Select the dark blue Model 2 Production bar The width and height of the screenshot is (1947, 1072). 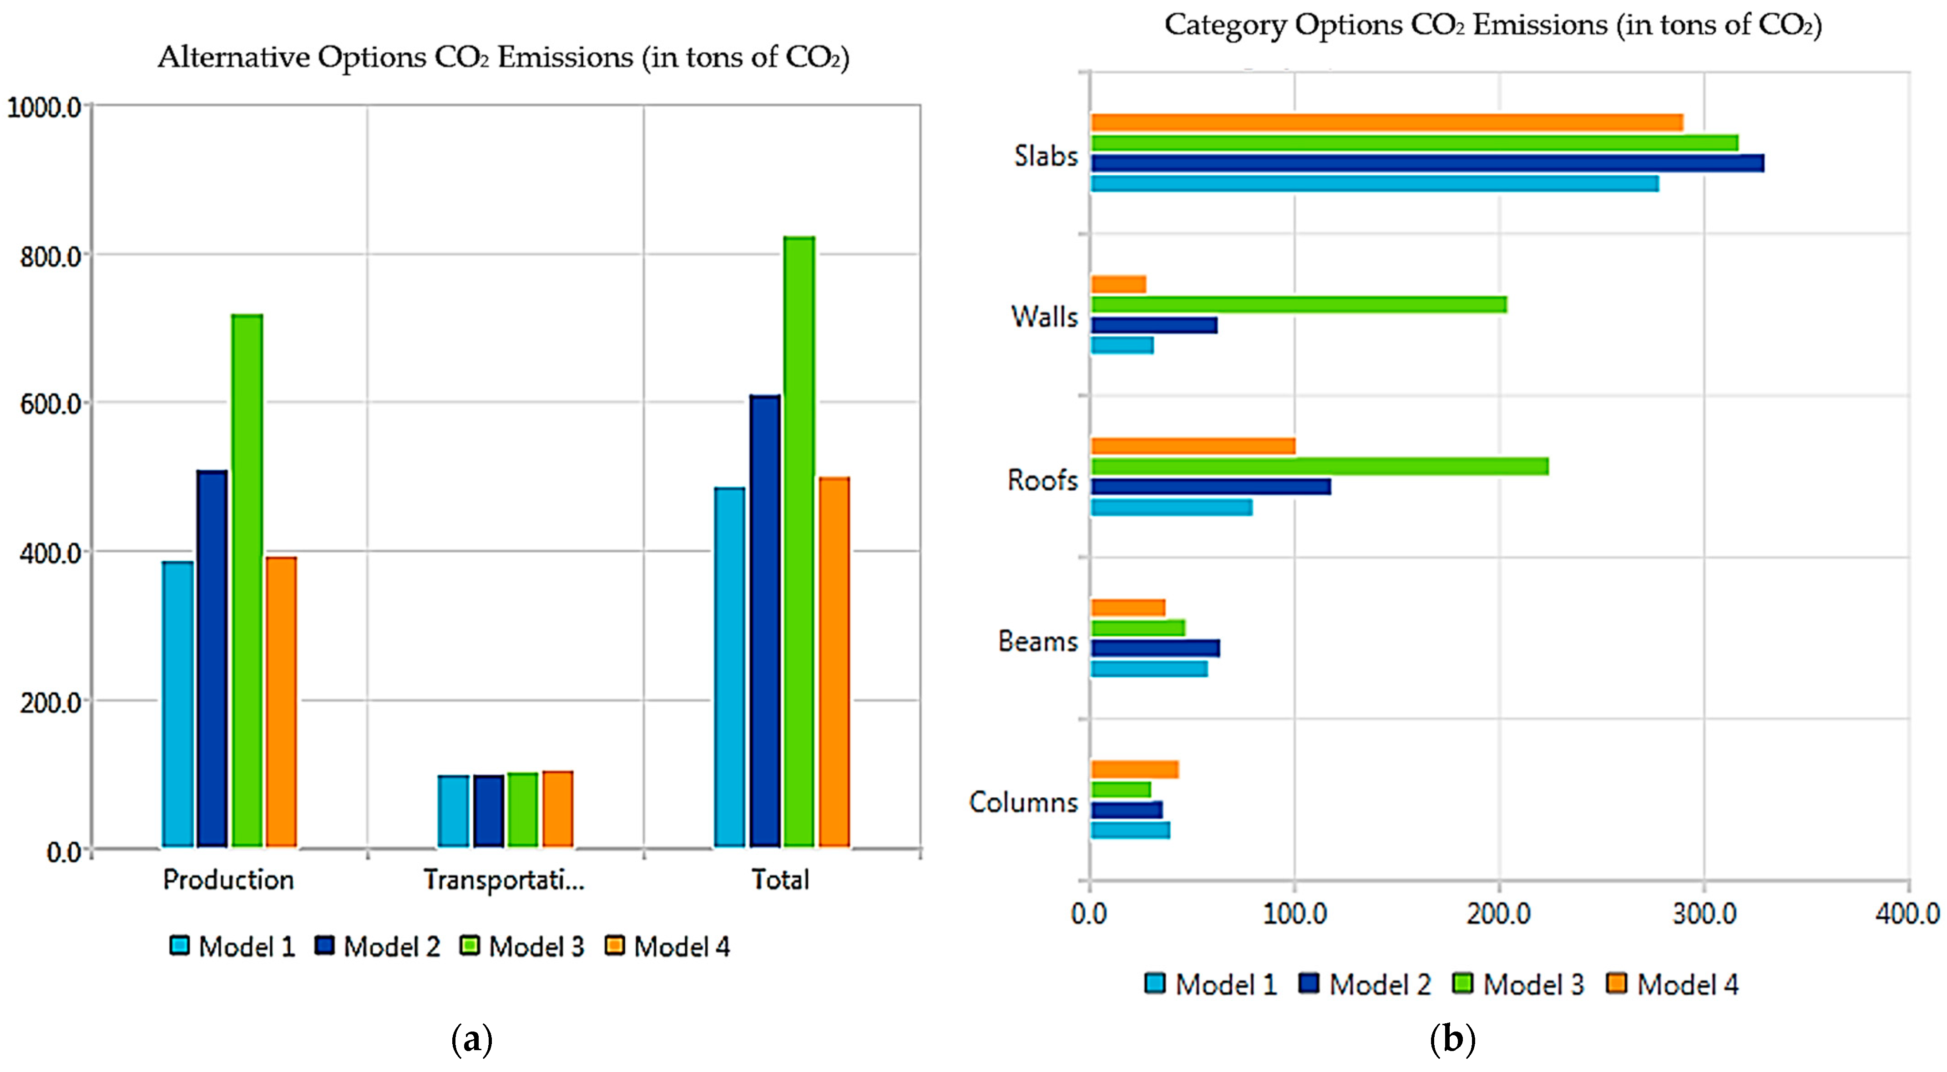point(212,657)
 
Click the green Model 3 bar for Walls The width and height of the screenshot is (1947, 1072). point(1298,304)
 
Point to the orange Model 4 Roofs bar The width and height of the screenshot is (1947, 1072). point(1192,446)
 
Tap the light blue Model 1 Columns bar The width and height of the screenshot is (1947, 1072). point(1130,830)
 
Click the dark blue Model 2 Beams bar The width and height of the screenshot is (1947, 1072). point(1154,648)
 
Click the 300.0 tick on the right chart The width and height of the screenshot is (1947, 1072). point(1704,914)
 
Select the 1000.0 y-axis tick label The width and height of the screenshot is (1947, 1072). point(44,107)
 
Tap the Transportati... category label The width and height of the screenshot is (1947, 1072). point(503,880)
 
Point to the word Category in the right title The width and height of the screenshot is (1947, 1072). point(1224,25)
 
